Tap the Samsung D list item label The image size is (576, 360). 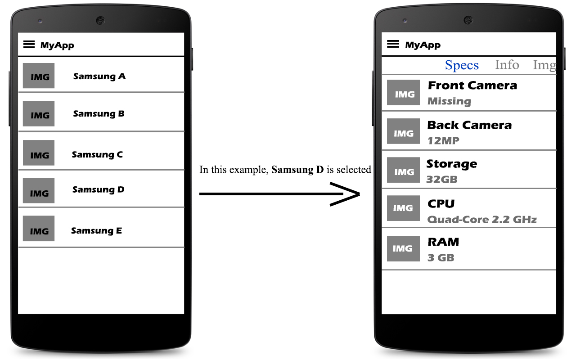[x=98, y=190]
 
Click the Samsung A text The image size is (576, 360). [x=99, y=76]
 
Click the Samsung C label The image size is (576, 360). [x=97, y=155]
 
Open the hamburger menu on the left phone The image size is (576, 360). [x=29, y=44]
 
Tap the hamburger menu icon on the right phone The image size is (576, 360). [x=393, y=44]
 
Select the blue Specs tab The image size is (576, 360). [x=462, y=66]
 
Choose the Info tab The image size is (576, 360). [x=507, y=65]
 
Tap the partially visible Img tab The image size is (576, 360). [x=544, y=66]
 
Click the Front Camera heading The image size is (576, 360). [x=472, y=85]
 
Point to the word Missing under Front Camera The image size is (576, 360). [x=449, y=101]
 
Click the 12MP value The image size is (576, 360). [x=443, y=141]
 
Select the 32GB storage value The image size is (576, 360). [x=442, y=180]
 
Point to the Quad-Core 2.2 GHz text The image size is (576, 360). [x=481, y=220]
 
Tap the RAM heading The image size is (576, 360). [x=443, y=242]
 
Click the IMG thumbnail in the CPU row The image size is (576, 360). [x=403, y=208]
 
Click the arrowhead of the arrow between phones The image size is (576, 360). [x=349, y=194]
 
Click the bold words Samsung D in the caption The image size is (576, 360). [x=297, y=170]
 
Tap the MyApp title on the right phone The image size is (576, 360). [x=423, y=45]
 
